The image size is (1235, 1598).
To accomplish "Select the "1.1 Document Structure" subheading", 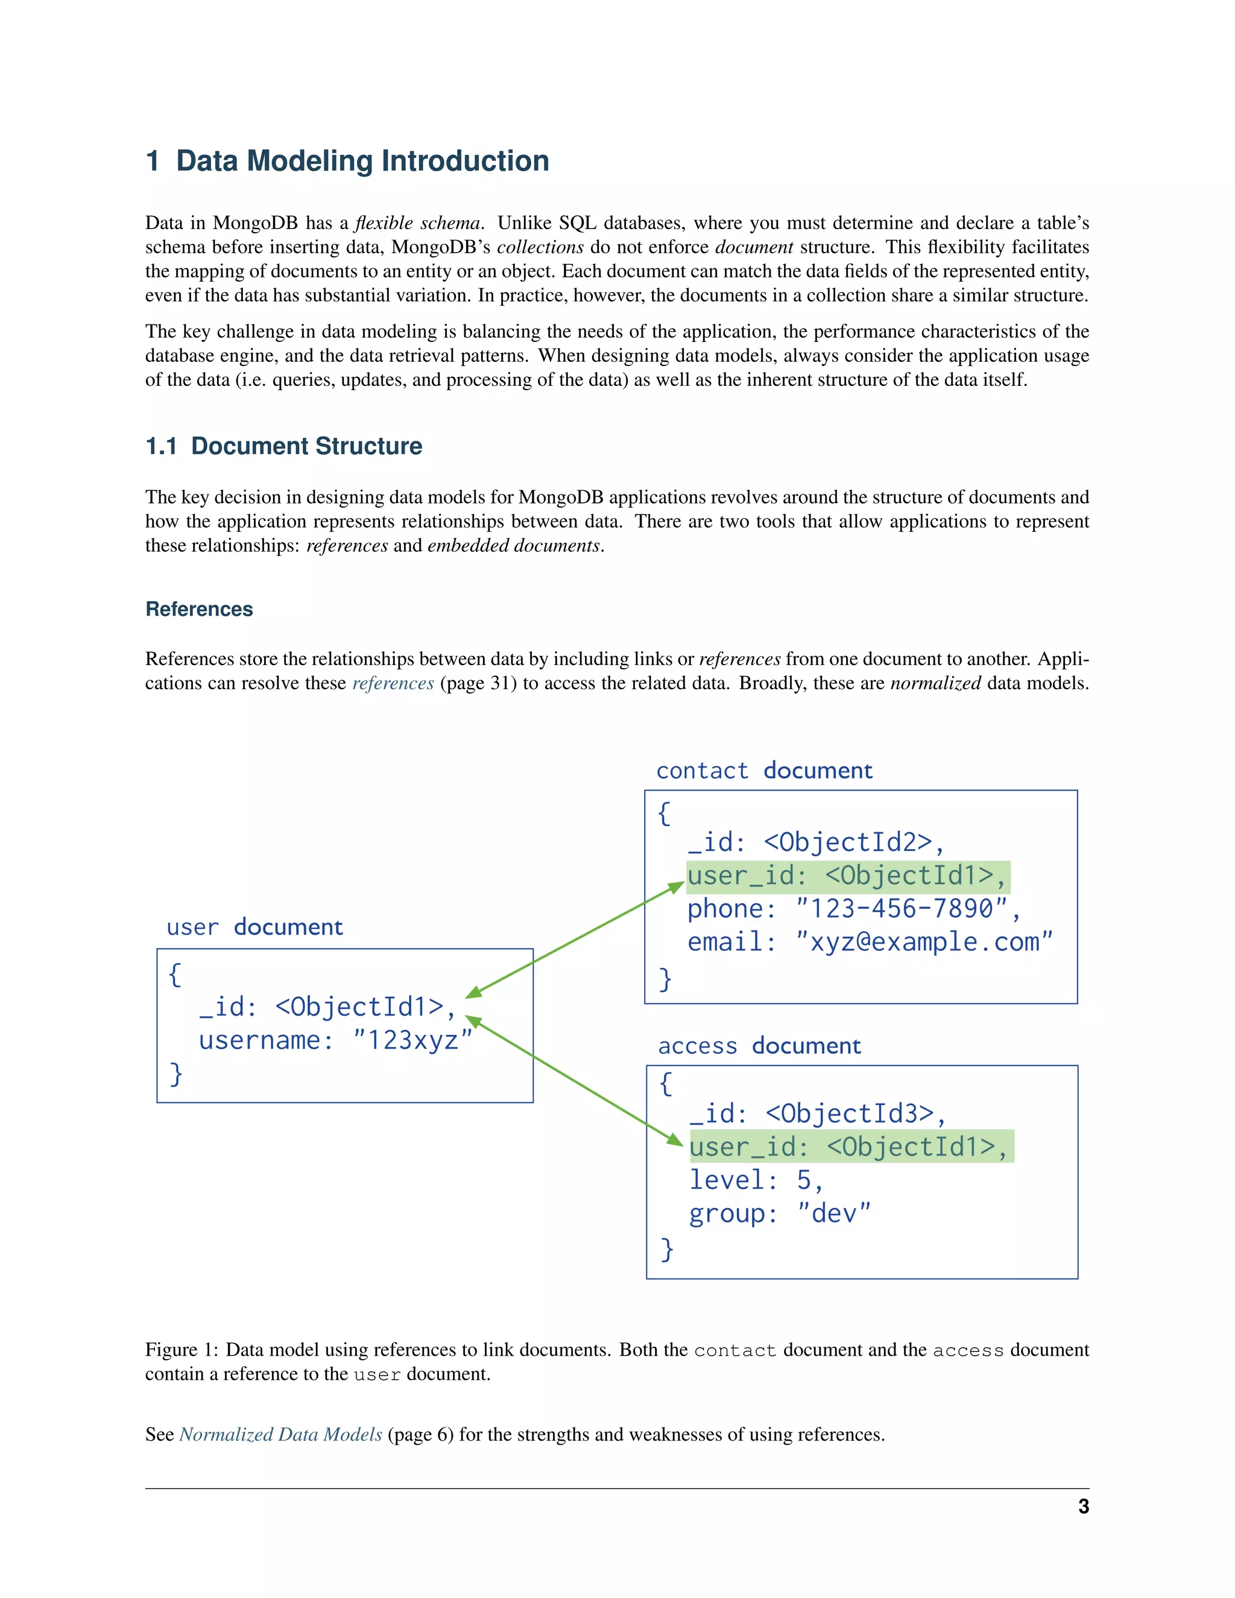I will click(x=284, y=446).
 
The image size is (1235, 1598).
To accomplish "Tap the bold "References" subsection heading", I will click(x=199, y=609).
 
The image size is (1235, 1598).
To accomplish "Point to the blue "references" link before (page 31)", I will click(x=393, y=683).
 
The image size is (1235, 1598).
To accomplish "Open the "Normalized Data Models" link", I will click(x=280, y=1434).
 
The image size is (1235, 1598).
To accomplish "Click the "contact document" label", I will click(x=764, y=771).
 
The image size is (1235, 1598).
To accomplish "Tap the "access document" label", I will click(x=759, y=1046).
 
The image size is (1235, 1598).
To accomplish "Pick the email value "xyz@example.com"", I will click(x=923, y=942).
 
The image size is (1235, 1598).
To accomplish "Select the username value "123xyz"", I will click(x=412, y=1040).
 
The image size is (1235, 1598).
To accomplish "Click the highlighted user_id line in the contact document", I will click(x=847, y=876).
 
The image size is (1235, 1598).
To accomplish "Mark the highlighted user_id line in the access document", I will click(x=850, y=1146).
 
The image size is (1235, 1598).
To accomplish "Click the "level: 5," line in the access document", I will click(x=756, y=1180).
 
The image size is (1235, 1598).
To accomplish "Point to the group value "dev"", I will click(x=833, y=1213).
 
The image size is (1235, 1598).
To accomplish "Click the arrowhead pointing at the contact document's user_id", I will click(x=677, y=888).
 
